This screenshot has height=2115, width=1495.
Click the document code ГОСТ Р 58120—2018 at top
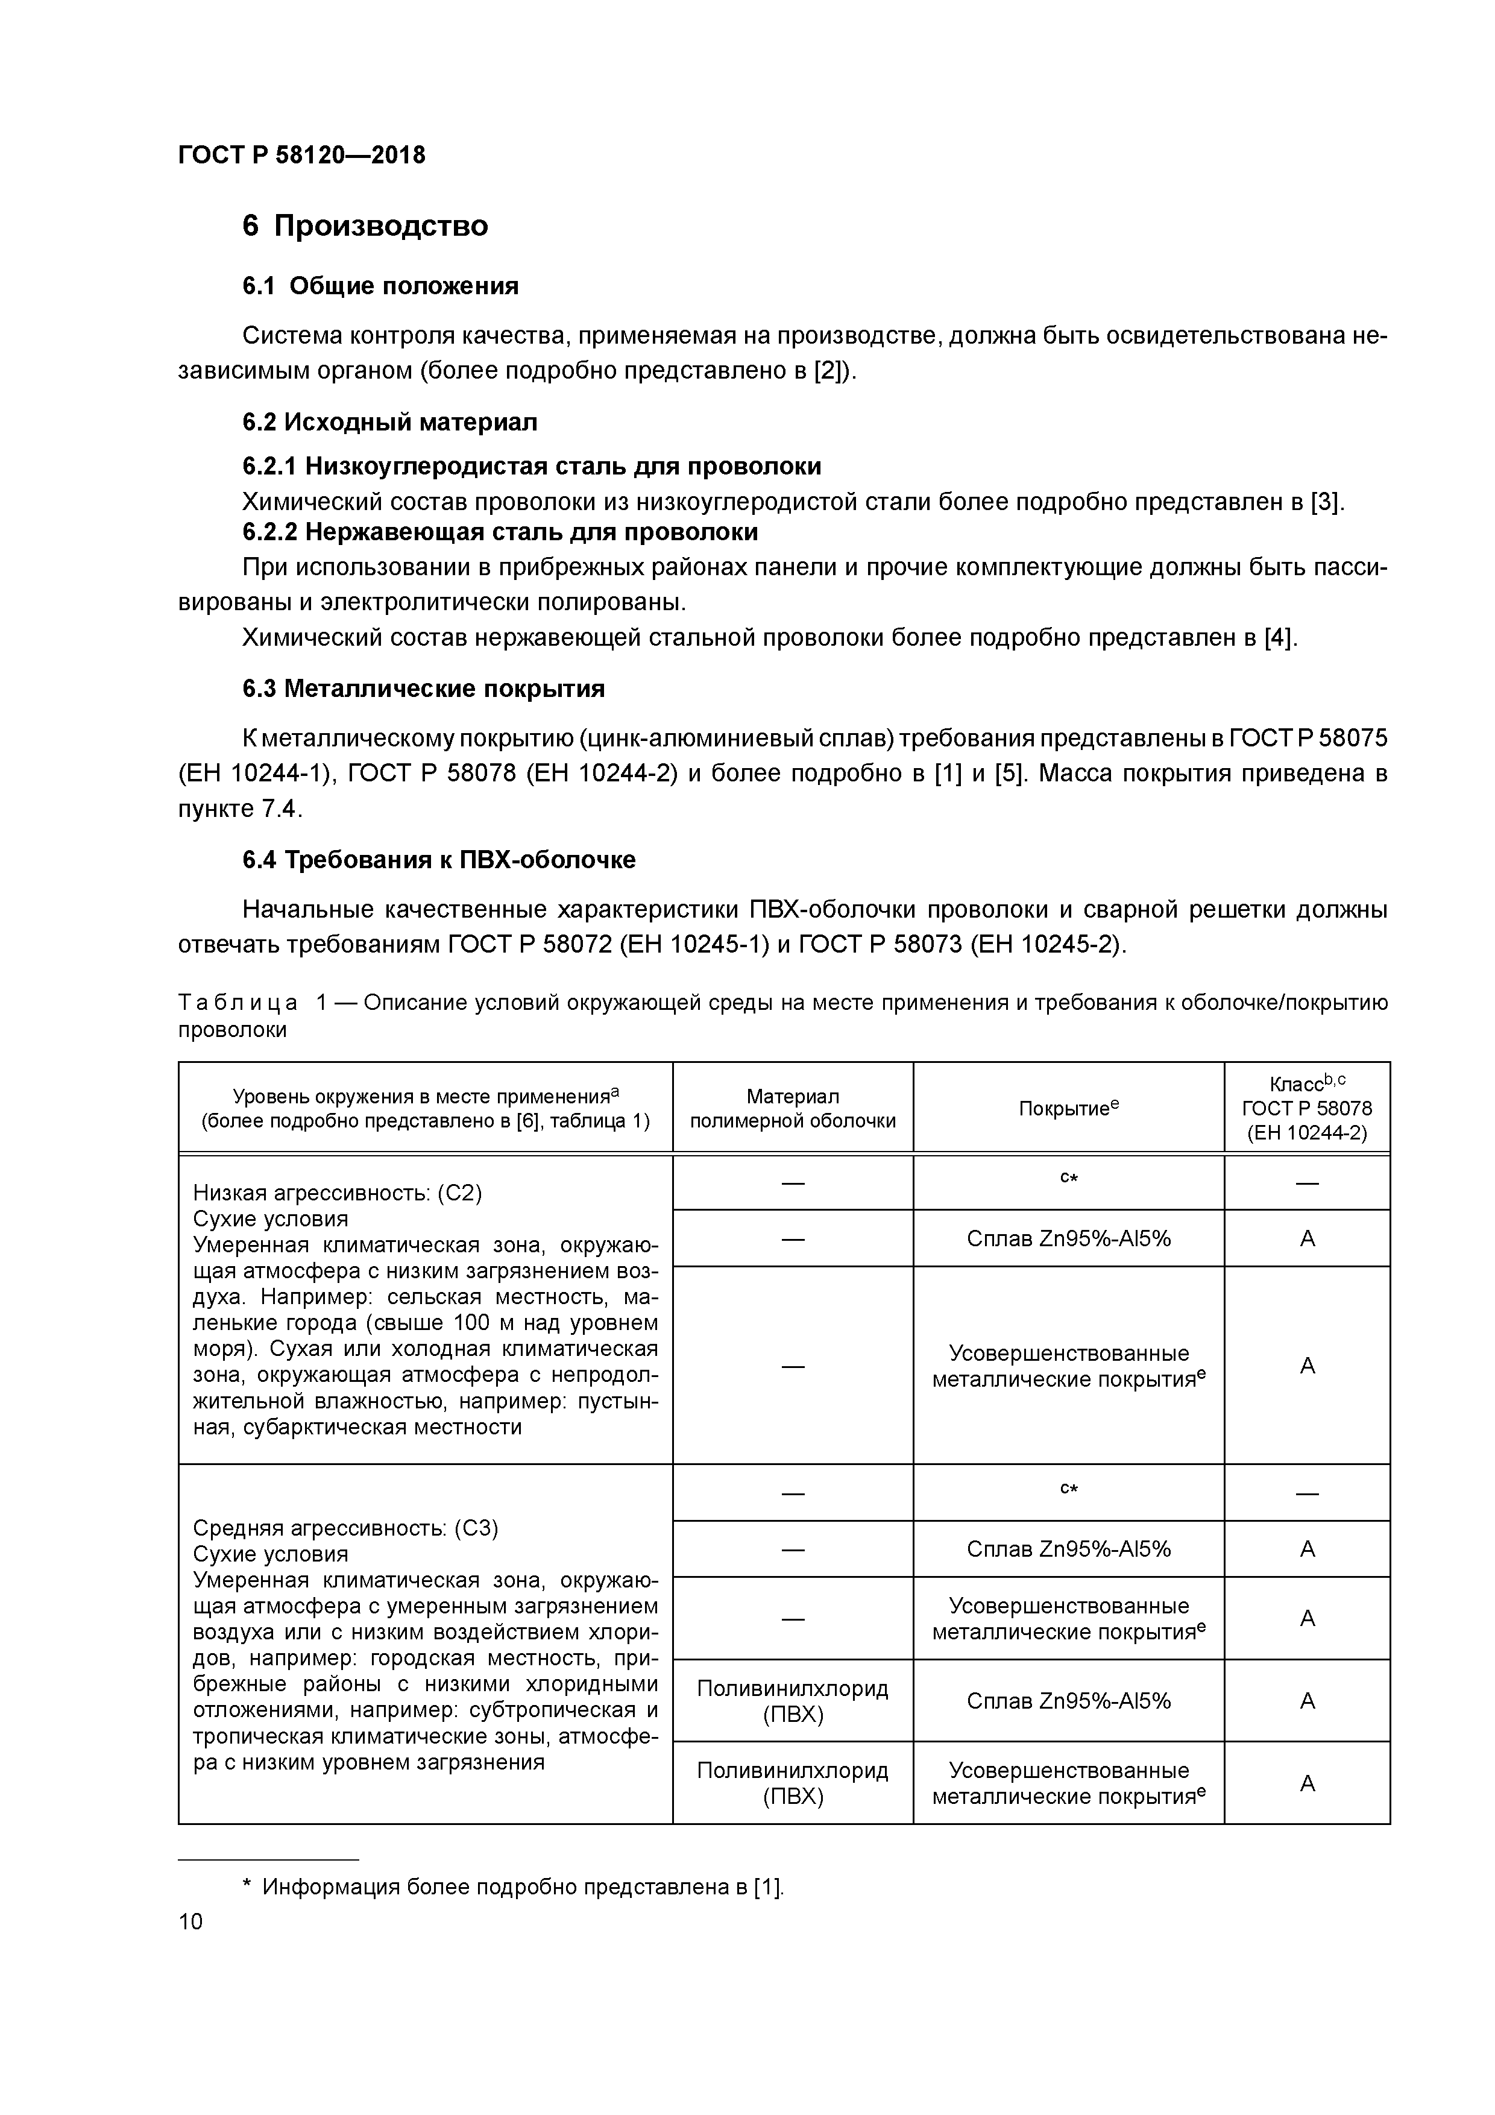301,155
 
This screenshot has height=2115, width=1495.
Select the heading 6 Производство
365,225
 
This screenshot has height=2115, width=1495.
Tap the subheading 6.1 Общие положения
380,286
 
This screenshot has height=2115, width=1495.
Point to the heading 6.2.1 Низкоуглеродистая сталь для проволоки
532,466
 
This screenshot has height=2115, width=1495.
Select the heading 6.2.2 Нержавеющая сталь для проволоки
500,532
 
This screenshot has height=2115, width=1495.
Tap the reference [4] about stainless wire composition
1279,637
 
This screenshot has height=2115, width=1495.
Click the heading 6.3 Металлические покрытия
424,689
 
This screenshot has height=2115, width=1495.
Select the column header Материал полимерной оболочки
792,1108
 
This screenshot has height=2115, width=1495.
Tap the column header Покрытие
1068,1108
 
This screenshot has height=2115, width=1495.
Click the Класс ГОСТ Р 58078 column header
1306,1108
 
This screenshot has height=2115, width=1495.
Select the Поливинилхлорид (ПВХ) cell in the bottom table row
792,1783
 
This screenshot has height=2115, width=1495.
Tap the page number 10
190,1921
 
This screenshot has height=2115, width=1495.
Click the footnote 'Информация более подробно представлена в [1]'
522,1886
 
